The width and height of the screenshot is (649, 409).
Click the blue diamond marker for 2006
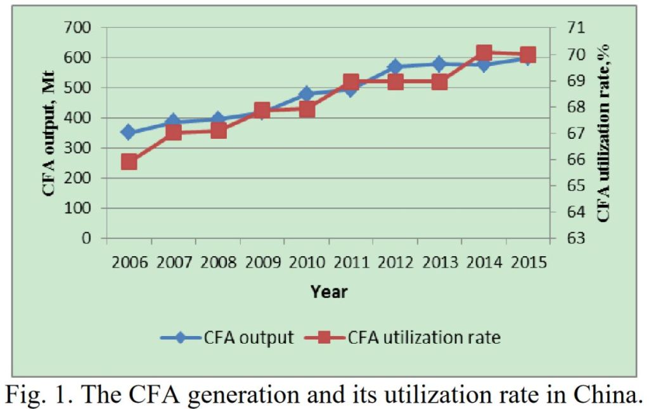129,133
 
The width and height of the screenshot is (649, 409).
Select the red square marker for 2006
129,162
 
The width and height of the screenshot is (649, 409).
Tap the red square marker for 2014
484,53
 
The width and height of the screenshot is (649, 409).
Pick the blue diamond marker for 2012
395,67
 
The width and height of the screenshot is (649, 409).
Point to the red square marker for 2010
307,109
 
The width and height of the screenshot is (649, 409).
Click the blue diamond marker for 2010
307,94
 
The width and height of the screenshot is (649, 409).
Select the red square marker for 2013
440,82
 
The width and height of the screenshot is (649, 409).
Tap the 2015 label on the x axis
528,262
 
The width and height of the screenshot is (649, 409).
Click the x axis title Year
329,292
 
